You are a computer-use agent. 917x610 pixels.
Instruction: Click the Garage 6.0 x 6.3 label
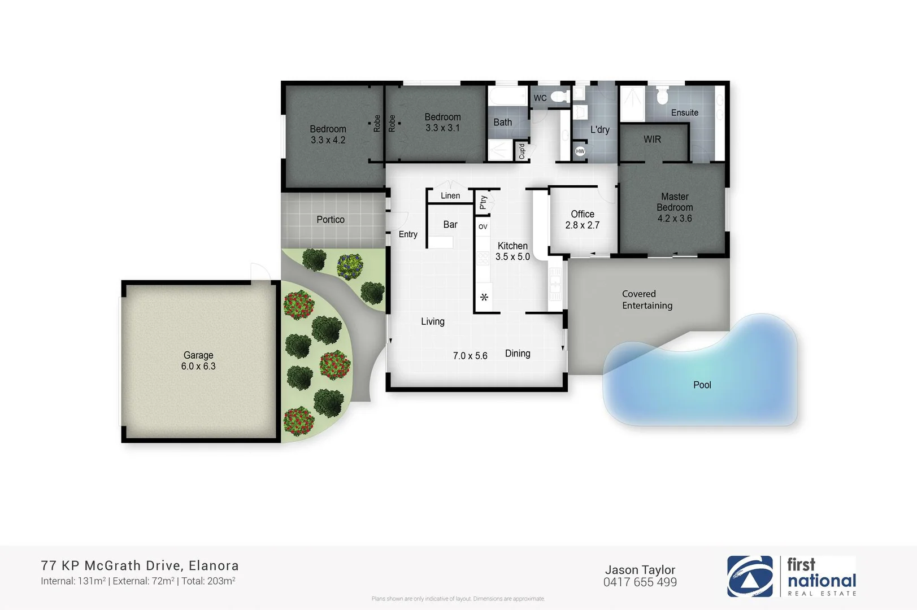click(198, 360)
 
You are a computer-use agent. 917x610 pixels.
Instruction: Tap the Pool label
click(702, 385)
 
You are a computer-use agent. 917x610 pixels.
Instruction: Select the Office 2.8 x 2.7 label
click(582, 219)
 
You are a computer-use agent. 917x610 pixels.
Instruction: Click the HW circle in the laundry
click(580, 151)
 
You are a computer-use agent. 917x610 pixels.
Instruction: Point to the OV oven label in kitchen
click(483, 226)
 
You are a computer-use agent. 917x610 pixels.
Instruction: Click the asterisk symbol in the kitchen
click(484, 297)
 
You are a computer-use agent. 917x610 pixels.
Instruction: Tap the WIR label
click(652, 139)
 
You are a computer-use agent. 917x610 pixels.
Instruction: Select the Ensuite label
click(684, 112)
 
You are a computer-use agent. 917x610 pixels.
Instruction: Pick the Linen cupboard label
click(450, 195)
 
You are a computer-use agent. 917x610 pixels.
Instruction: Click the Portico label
click(330, 219)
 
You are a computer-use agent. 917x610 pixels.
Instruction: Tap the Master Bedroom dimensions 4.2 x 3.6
click(674, 219)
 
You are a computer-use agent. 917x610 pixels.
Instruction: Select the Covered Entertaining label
click(647, 299)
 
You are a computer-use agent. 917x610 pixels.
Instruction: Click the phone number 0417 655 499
click(640, 582)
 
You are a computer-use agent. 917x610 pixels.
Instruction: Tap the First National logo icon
click(750, 576)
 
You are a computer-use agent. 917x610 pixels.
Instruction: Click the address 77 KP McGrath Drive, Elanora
click(140, 565)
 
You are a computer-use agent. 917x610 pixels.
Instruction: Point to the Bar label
click(450, 224)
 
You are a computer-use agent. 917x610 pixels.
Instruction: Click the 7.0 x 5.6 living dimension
click(470, 355)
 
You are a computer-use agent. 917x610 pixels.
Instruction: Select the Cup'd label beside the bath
click(521, 151)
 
